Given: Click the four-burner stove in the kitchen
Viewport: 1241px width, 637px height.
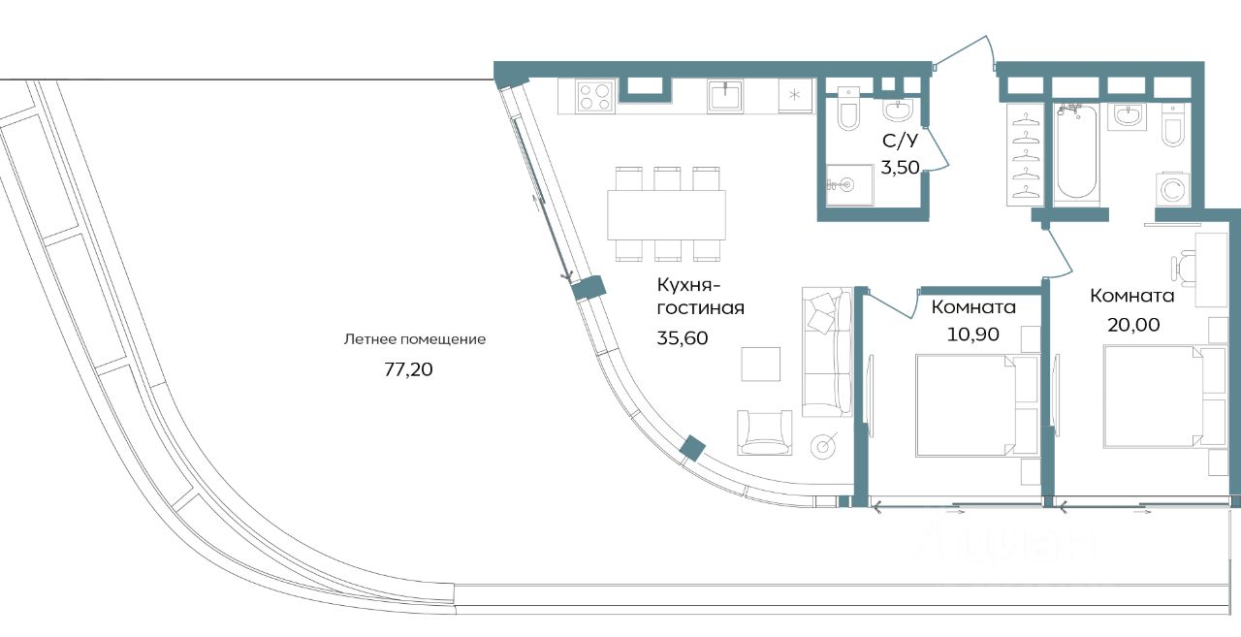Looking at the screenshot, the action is click(594, 96).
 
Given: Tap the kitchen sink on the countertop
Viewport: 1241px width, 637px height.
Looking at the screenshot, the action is click(725, 96).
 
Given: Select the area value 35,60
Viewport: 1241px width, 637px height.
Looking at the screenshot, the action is click(683, 339).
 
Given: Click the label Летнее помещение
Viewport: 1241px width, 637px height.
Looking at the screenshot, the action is click(414, 339).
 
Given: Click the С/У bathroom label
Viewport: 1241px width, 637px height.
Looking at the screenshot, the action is click(899, 141).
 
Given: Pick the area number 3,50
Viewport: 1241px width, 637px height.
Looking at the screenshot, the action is click(899, 166).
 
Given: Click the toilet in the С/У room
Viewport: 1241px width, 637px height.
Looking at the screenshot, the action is click(848, 112).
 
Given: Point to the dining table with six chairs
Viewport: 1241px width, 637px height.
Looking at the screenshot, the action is click(667, 214).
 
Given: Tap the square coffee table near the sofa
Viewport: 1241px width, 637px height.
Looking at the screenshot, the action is click(760, 364).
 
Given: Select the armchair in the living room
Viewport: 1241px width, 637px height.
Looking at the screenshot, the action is click(766, 432).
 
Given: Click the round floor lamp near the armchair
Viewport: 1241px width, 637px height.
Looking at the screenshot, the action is click(825, 446).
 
